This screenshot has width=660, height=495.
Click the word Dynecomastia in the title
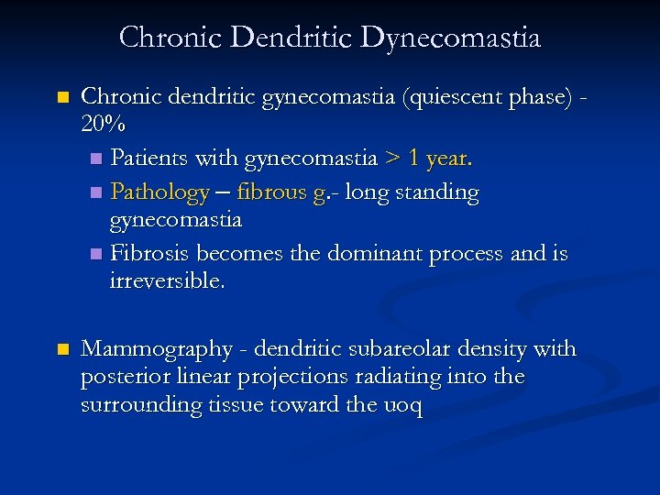[x=450, y=38]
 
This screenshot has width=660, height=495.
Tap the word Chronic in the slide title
[x=171, y=38]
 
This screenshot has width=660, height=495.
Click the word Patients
[x=148, y=159]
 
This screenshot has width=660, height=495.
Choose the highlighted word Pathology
[x=159, y=192]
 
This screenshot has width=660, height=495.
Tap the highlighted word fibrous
[x=274, y=192]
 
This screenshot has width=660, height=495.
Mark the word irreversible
[x=166, y=281]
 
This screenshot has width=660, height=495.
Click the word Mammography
[x=157, y=349]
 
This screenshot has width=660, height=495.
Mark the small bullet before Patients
[x=97, y=159]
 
